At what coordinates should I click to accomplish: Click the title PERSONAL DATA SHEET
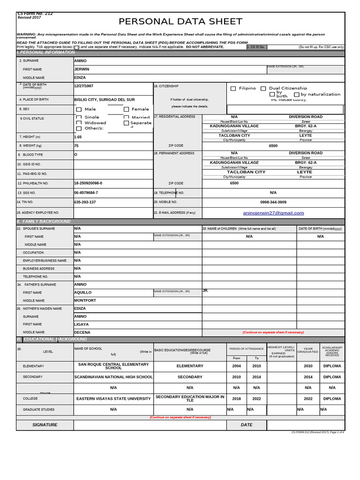(180, 22)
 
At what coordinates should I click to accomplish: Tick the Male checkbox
(79, 109)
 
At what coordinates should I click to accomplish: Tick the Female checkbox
(126, 109)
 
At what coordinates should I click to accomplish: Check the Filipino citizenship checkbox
(233, 89)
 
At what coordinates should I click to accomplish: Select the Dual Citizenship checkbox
(263, 89)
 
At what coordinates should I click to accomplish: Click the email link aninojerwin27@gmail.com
(273, 213)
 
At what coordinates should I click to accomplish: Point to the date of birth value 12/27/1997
(83, 86)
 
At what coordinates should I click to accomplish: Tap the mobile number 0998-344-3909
(273, 202)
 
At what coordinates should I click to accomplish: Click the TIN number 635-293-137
(85, 202)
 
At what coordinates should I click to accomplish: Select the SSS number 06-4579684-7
(86, 193)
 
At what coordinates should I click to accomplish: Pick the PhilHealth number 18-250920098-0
(88, 183)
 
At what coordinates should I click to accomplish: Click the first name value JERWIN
(82, 69)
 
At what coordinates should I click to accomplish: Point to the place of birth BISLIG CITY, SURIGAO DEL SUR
(104, 100)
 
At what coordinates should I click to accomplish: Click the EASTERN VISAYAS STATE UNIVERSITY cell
(113, 398)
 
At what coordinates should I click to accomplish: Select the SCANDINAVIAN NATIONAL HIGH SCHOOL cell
(113, 377)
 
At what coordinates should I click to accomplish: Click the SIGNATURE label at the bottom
(45, 425)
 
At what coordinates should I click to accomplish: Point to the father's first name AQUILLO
(83, 292)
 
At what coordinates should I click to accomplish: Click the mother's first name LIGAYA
(81, 324)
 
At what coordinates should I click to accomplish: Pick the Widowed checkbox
(79, 123)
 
